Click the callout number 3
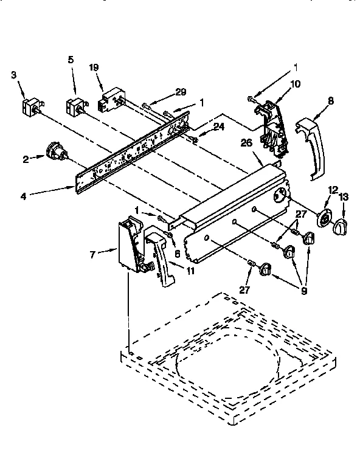13,74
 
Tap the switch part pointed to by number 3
29,108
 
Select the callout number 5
71,60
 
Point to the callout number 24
218,128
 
